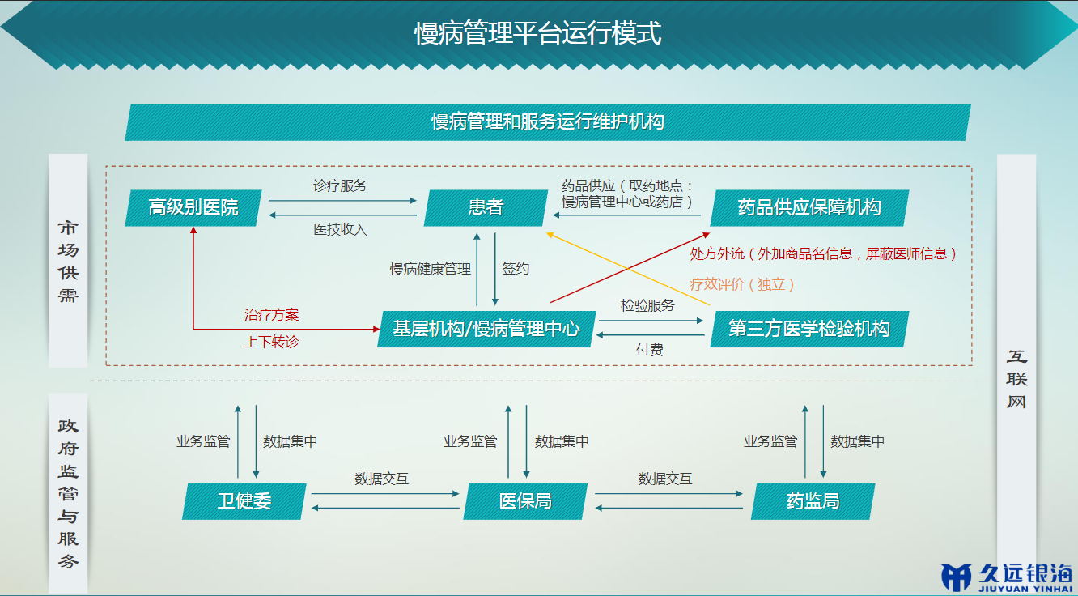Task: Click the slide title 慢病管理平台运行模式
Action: click(x=538, y=32)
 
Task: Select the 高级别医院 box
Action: click(x=193, y=208)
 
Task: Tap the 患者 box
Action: click(x=486, y=208)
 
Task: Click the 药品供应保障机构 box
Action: click(x=809, y=208)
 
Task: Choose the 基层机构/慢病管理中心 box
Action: click(x=486, y=330)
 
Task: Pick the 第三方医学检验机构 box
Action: click(x=809, y=330)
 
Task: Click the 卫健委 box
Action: click(x=244, y=501)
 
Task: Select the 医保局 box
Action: click(x=525, y=501)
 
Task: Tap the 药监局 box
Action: click(x=813, y=501)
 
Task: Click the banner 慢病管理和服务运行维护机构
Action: click(x=548, y=122)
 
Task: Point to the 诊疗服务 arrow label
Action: click(x=340, y=185)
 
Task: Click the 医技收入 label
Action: click(x=340, y=229)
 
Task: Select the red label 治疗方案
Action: click(x=271, y=315)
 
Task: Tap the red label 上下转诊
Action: click(x=271, y=342)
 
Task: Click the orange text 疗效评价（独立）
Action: click(x=741, y=284)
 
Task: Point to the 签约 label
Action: click(x=516, y=268)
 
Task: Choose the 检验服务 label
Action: click(x=647, y=305)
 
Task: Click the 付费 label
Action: click(x=650, y=350)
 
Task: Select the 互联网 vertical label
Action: click(x=1016, y=379)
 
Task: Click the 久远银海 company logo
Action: click(x=1007, y=577)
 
